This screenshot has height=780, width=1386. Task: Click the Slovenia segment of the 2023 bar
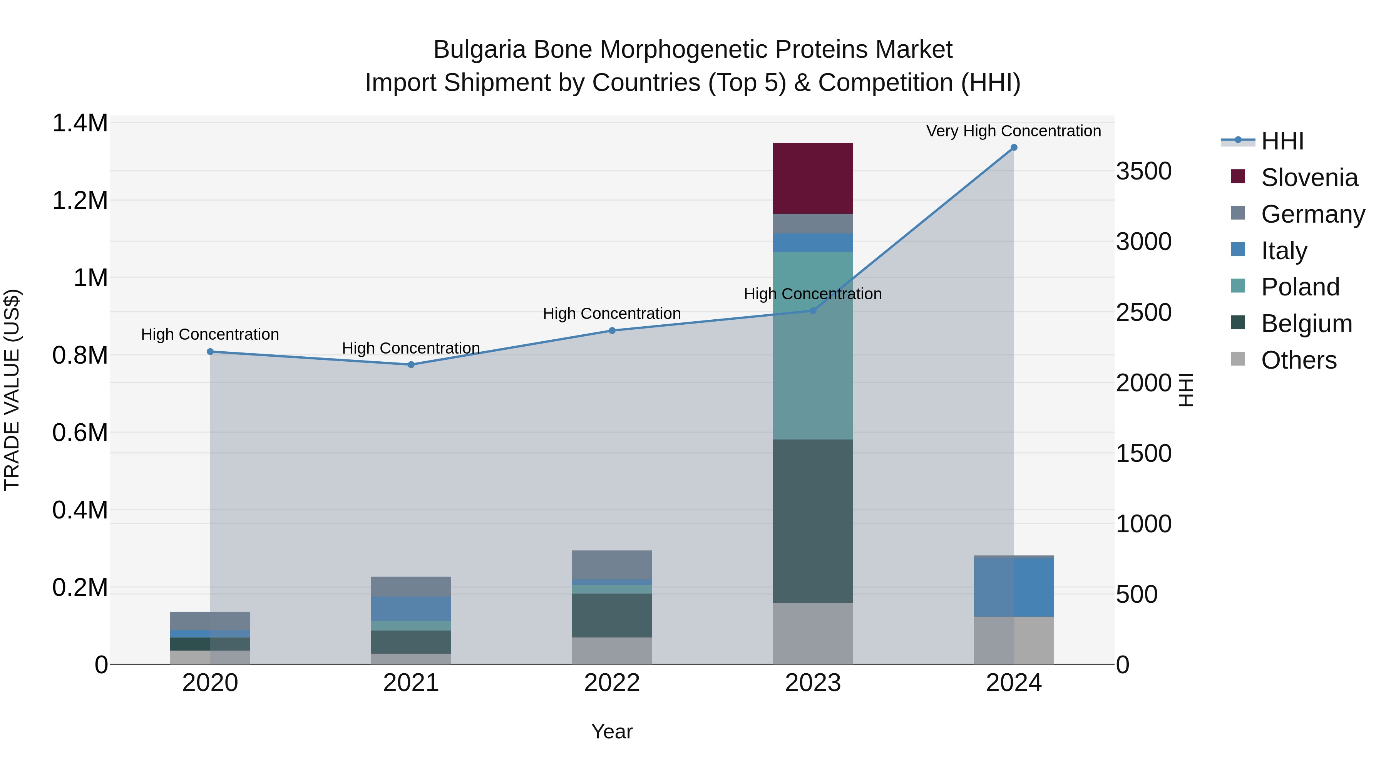click(812, 178)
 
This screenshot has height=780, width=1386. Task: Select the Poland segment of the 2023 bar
click(812, 345)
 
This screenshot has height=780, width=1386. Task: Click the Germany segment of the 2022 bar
click(612, 564)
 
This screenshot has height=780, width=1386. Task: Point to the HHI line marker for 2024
click(1014, 148)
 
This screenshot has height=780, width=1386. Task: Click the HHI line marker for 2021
click(411, 364)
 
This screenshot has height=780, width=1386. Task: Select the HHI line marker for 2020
click(210, 352)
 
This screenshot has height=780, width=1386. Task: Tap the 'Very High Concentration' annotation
click(1013, 131)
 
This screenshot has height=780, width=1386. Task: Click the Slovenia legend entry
click(1309, 178)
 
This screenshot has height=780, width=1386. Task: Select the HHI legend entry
click(1282, 141)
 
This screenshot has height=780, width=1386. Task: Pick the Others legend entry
click(1298, 360)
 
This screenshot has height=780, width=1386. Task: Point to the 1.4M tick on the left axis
click(80, 123)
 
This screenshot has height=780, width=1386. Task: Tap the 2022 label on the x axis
click(612, 683)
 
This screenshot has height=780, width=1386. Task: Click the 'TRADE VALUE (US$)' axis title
click(12, 390)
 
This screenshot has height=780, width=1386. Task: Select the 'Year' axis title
click(612, 731)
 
